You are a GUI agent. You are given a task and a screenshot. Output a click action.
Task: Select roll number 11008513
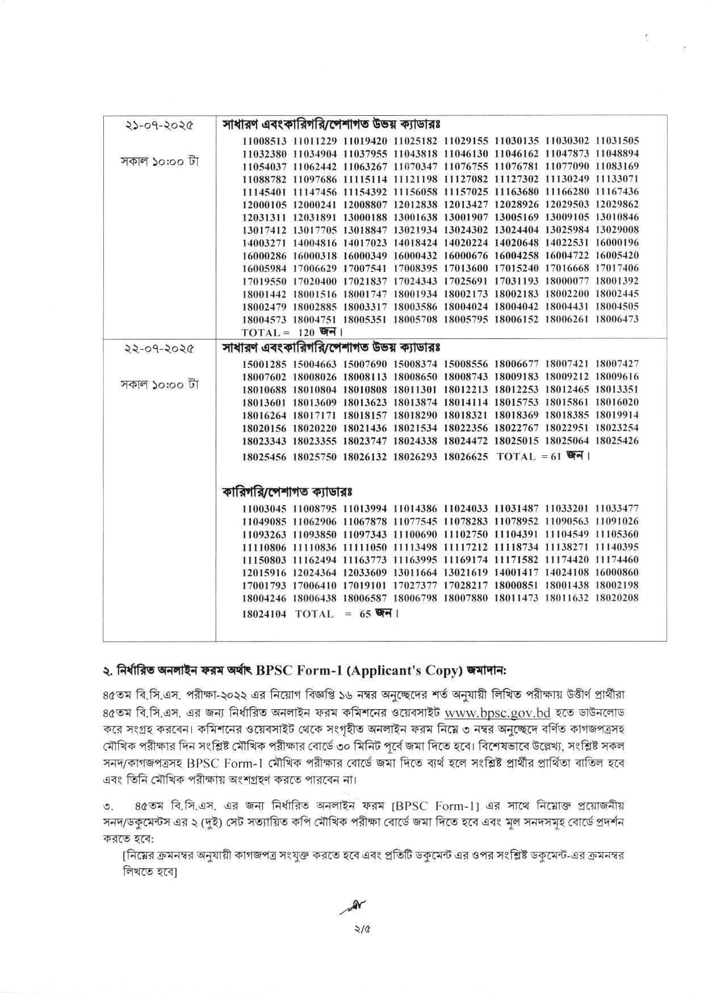(x=265, y=140)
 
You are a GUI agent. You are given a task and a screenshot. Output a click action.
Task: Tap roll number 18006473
(x=617, y=319)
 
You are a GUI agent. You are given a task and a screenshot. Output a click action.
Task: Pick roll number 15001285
(x=265, y=363)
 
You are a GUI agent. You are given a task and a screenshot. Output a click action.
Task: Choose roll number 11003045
(x=265, y=508)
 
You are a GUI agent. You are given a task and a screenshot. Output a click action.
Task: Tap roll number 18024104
(x=265, y=614)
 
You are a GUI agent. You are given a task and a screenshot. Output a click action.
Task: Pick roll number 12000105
(x=265, y=204)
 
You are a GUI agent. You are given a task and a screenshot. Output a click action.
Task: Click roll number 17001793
(x=265, y=585)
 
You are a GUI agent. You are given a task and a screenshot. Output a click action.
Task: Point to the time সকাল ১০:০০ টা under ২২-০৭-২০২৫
(x=159, y=385)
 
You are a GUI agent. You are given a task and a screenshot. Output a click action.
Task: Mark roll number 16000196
(x=617, y=242)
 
